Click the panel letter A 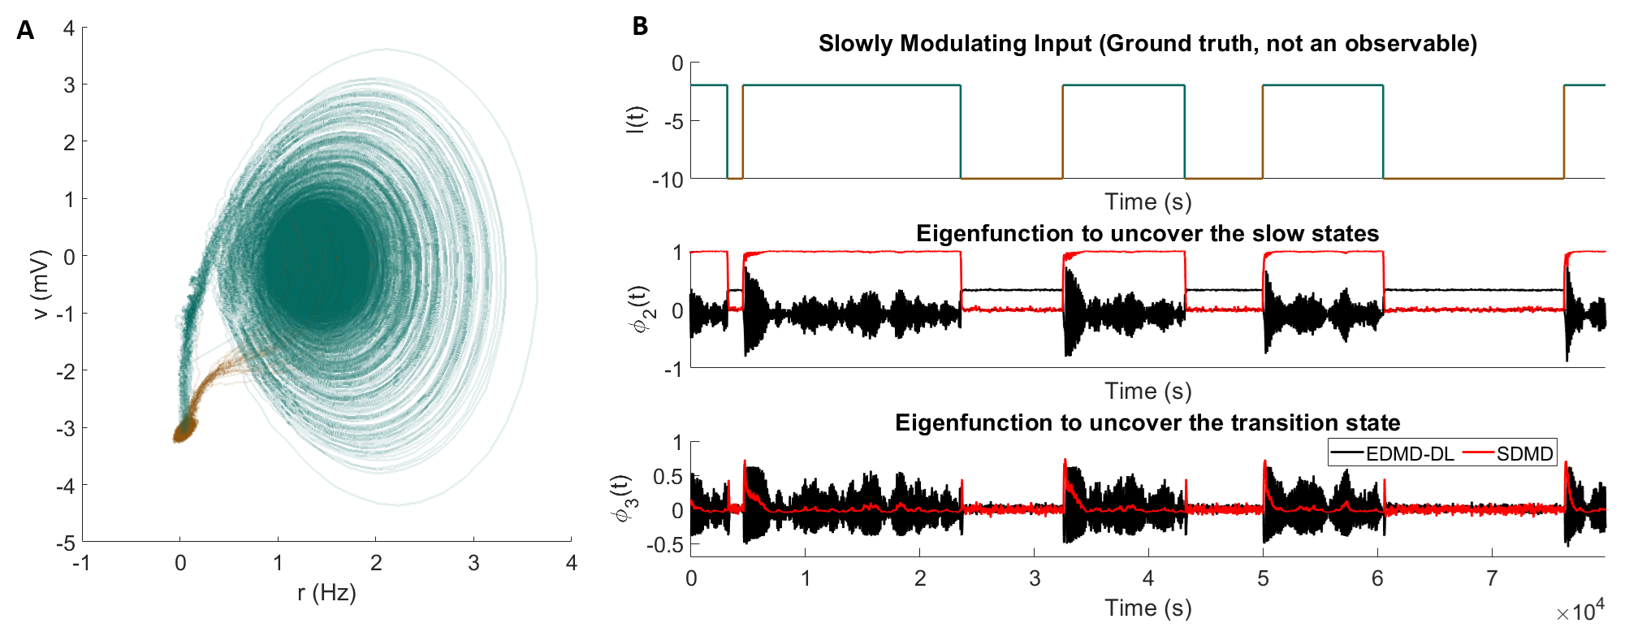tap(25, 31)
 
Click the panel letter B tap(640, 27)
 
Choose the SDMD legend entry tap(1524, 453)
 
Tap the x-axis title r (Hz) tap(326, 593)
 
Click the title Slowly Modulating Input tap(1147, 43)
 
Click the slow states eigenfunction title tap(1147, 234)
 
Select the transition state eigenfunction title tap(1147, 423)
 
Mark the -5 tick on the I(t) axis tap(673, 121)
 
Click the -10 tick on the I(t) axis tap(668, 180)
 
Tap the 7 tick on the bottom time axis tap(1492, 578)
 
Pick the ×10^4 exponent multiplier tap(1579, 611)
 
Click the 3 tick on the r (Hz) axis tap(473, 563)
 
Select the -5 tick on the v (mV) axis tap(65, 543)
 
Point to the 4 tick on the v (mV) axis tap(69, 28)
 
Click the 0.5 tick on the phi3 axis tap(668, 477)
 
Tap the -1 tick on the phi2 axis tap(672, 370)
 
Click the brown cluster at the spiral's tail tap(184, 429)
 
